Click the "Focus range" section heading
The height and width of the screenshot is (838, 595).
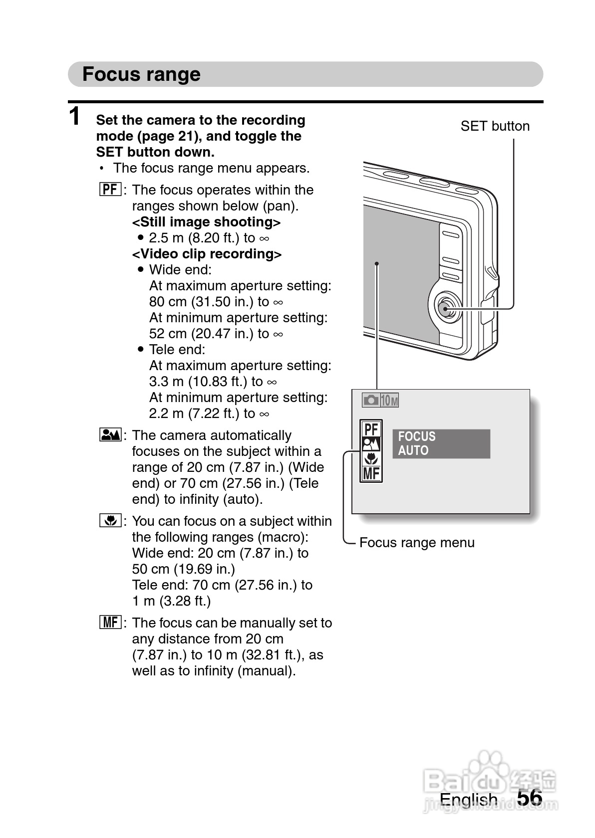[x=141, y=74]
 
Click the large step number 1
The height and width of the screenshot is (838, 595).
[x=74, y=117]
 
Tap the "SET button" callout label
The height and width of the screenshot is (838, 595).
[x=495, y=126]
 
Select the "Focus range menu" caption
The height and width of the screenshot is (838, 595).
[x=417, y=543]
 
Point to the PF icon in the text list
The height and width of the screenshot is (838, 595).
[x=110, y=190]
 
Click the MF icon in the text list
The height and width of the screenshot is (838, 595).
[x=110, y=623]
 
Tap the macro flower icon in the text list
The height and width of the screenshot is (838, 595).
[x=110, y=521]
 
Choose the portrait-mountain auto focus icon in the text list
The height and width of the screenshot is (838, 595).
[x=110, y=435]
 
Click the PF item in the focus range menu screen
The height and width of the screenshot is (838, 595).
[x=371, y=429]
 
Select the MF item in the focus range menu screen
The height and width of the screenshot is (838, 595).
[x=371, y=473]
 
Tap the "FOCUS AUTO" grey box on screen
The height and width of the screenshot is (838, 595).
[x=441, y=443]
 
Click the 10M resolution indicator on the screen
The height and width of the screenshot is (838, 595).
[x=390, y=400]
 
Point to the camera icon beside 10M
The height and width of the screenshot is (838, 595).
[x=371, y=400]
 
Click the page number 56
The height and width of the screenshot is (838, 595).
[x=529, y=798]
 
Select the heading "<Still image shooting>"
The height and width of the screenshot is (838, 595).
[x=206, y=222]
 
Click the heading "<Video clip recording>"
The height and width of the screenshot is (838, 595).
[x=207, y=254]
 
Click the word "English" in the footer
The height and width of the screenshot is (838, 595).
[x=468, y=800]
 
